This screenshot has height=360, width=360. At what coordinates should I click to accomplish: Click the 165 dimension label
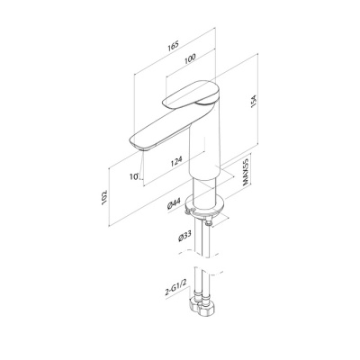(x=174, y=45)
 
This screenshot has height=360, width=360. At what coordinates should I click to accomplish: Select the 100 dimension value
(x=190, y=58)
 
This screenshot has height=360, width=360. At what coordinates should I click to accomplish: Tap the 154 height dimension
(x=254, y=101)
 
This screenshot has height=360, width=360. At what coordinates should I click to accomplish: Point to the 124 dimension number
(x=176, y=161)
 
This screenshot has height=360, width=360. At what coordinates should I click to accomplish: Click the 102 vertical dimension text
(x=104, y=198)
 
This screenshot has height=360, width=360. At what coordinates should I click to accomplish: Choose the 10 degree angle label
(x=134, y=176)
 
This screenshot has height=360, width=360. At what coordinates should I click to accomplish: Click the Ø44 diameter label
(x=174, y=205)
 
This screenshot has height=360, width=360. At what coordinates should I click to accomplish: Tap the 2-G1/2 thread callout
(x=175, y=292)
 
